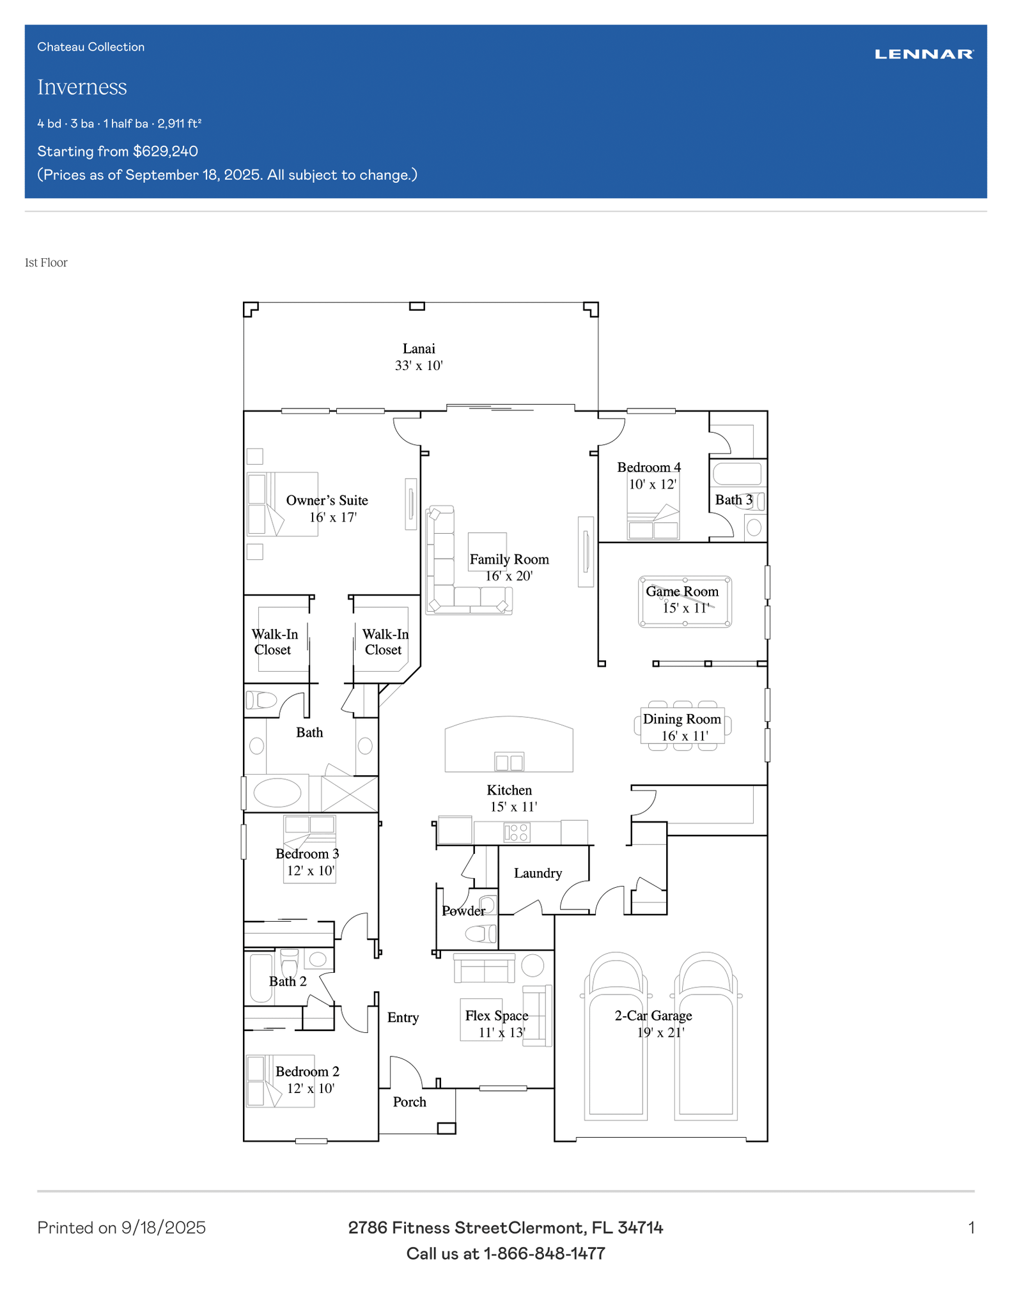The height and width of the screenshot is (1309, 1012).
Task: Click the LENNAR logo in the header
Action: (924, 54)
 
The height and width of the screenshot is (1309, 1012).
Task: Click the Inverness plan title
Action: (82, 87)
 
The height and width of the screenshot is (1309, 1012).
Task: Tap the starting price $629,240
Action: (166, 151)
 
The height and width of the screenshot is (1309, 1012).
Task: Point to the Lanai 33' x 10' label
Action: (419, 357)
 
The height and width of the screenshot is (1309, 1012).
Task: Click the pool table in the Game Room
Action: (685, 602)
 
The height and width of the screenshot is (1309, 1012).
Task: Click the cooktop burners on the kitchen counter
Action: (517, 832)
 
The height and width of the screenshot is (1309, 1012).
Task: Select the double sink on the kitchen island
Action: (510, 762)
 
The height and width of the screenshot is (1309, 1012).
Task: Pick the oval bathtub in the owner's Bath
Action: (277, 793)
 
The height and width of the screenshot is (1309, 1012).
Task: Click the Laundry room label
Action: (538, 873)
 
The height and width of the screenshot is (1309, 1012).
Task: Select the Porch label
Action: (410, 1102)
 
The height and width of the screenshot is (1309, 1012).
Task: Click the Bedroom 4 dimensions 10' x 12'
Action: (652, 484)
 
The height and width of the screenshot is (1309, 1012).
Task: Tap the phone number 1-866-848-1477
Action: (544, 1253)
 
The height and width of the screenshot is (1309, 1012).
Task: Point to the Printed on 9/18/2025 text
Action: (121, 1228)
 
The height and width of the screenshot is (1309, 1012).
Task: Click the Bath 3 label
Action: (734, 500)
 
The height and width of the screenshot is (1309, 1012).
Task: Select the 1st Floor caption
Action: (46, 263)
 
